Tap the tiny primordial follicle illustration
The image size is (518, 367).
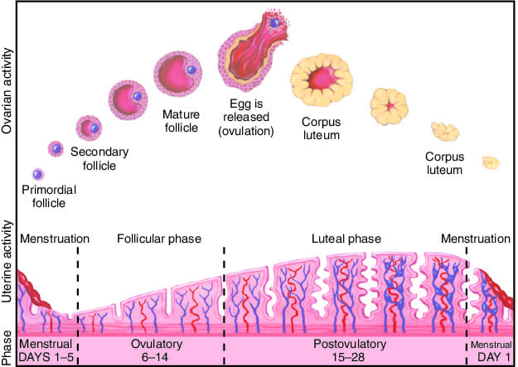[36, 175]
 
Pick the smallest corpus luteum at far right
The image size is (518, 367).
[491, 162]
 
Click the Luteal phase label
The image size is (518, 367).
[346, 239]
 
